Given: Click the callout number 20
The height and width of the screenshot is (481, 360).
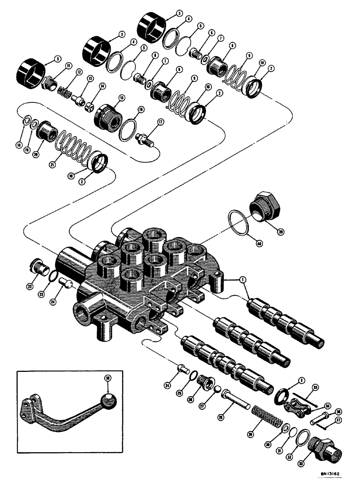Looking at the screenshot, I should coord(35,155).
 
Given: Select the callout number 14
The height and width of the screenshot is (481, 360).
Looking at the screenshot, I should coord(102,86).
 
